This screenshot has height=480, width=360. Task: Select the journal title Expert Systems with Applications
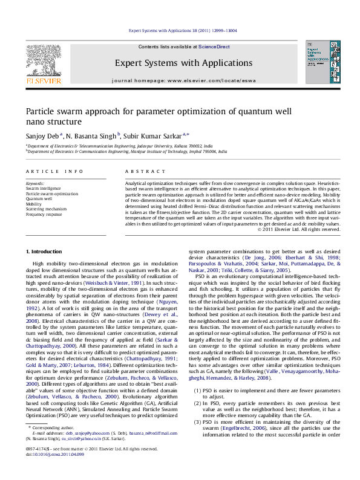[x=179, y=62]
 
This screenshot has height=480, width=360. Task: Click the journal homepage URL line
[x=179, y=80]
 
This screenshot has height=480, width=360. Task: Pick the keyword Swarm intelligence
[x=43, y=188]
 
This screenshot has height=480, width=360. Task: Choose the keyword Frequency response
[x=44, y=214]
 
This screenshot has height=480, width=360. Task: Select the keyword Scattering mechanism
[x=46, y=209]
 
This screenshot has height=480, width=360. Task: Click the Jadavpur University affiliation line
[x=120, y=146]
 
